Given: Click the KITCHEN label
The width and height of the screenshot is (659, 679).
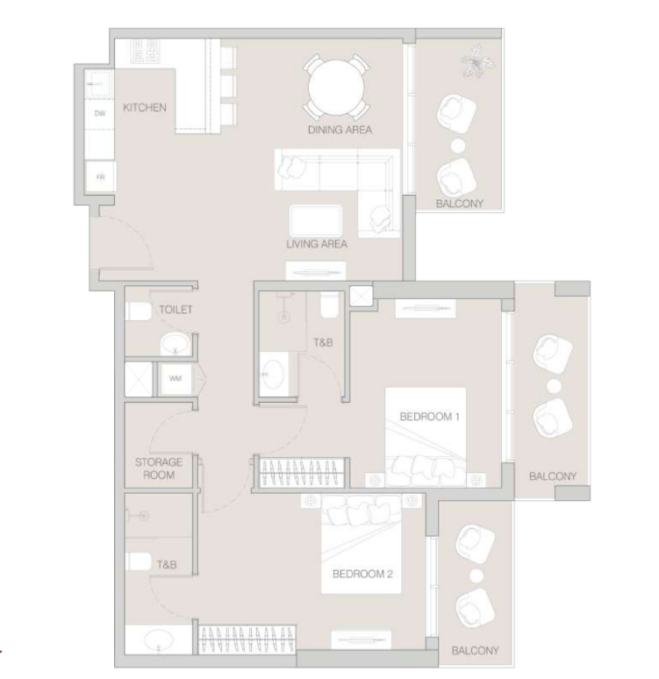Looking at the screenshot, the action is click(144, 107).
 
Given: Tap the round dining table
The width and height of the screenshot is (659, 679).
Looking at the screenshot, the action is click(336, 88).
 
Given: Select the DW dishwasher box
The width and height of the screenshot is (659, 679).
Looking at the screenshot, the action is click(100, 114).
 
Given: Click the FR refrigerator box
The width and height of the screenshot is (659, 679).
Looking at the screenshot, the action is click(101, 176).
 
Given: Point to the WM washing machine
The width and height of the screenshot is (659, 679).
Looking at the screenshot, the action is click(175, 378).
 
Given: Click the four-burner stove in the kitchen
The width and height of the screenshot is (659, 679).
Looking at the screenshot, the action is click(145, 51).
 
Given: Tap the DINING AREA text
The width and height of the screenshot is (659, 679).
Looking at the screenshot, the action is click(340, 130).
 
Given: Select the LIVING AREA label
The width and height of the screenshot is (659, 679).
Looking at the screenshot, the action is click(317, 244).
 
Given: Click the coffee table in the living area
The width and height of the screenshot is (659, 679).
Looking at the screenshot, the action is click(315, 221).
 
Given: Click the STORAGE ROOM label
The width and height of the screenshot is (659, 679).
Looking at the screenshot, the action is click(159, 468).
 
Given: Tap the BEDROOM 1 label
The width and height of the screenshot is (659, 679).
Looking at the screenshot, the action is click(429, 417).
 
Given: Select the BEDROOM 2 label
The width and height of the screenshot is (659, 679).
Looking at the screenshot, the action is click(362, 574).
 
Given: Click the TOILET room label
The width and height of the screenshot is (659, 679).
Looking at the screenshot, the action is click(175, 310).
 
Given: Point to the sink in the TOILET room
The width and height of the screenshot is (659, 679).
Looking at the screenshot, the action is click(175, 345).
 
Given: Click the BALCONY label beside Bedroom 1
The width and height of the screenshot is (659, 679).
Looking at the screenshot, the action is click(553, 476).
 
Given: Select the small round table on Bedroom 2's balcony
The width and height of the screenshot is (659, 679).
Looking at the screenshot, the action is click(476, 576).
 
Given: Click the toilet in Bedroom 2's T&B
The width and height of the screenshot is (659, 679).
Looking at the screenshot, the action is click(138, 561).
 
